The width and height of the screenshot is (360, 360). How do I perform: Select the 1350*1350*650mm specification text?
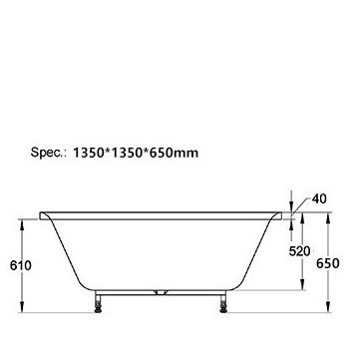tap(136, 153)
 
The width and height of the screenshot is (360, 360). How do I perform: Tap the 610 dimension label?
tap(21, 265)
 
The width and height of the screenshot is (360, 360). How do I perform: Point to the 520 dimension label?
tap(299, 251)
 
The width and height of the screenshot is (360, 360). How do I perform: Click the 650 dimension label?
tap(328, 263)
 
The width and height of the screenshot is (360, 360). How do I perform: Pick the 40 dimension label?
tap(319, 198)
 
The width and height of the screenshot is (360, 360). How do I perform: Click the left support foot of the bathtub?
tap(98, 302)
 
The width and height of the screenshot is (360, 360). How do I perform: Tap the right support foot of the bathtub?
tap(223, 302)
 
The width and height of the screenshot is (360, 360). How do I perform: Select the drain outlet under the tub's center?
tap(161, 292)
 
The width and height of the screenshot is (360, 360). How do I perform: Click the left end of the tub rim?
tap(41, 215)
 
